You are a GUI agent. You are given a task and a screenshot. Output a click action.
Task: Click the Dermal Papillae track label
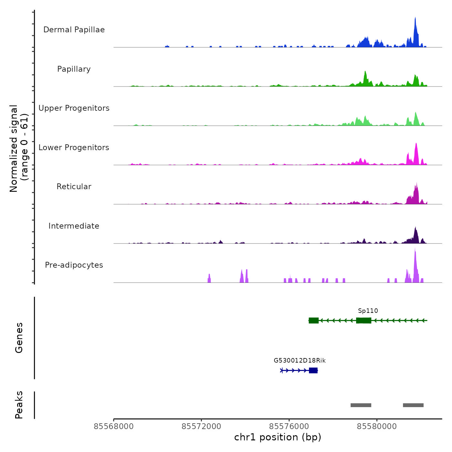point(74,30)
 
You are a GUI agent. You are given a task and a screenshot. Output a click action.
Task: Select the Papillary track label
point(74,69)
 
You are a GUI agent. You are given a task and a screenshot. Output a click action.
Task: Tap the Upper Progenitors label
point(74,108)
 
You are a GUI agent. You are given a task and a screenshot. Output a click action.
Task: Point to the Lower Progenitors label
point(74,148)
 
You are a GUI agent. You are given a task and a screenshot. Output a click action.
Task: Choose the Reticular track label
point(74,187)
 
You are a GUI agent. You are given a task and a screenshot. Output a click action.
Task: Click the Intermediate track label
point(74,226)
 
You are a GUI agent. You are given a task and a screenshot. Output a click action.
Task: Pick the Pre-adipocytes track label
point(74,265)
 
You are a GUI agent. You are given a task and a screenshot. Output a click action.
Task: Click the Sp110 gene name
point(368,311)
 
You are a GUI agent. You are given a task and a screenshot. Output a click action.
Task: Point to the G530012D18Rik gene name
point(300,361)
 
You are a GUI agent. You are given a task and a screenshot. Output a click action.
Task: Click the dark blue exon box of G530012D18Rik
point(313,370)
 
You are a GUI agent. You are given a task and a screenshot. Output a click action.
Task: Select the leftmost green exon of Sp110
point(313,320)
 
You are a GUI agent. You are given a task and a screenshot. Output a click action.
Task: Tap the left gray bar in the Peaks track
point(361,405)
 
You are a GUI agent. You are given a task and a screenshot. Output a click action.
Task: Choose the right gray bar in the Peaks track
point(413,405)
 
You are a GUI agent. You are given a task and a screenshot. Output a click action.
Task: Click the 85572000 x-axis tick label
point(201,426)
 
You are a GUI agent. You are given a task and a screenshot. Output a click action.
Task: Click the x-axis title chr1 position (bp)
point(278,437)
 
